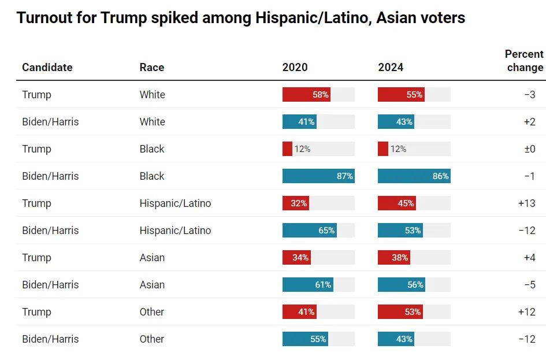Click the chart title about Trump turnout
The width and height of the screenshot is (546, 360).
tap(240, 18)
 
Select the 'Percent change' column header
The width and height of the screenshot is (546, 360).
tap(524, 61)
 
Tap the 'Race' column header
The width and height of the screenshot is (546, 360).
tap(152, 68)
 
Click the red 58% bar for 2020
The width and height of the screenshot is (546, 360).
tap(306, 95)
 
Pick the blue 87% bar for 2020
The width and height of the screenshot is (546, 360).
tap(318, 176)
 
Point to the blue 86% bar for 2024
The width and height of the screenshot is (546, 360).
tap(414, 176)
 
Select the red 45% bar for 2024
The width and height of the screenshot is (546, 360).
tap(397, 203)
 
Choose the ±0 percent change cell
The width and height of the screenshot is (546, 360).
tap(529, 149)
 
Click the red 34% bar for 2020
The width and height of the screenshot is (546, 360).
tap(296, 258)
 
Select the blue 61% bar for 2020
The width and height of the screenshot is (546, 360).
tap(308, 285)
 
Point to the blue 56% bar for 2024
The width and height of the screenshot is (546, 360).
tap(402, 285)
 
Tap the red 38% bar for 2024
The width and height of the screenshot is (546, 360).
tap(394, 258)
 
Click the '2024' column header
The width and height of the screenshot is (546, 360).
tap(391, 68)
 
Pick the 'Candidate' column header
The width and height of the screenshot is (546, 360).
tap(47, 68)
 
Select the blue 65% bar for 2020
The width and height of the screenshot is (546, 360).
tap(310, 231)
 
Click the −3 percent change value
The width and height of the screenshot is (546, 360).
tap(529, 95)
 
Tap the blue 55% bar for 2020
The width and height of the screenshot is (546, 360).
tap(305, 339)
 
